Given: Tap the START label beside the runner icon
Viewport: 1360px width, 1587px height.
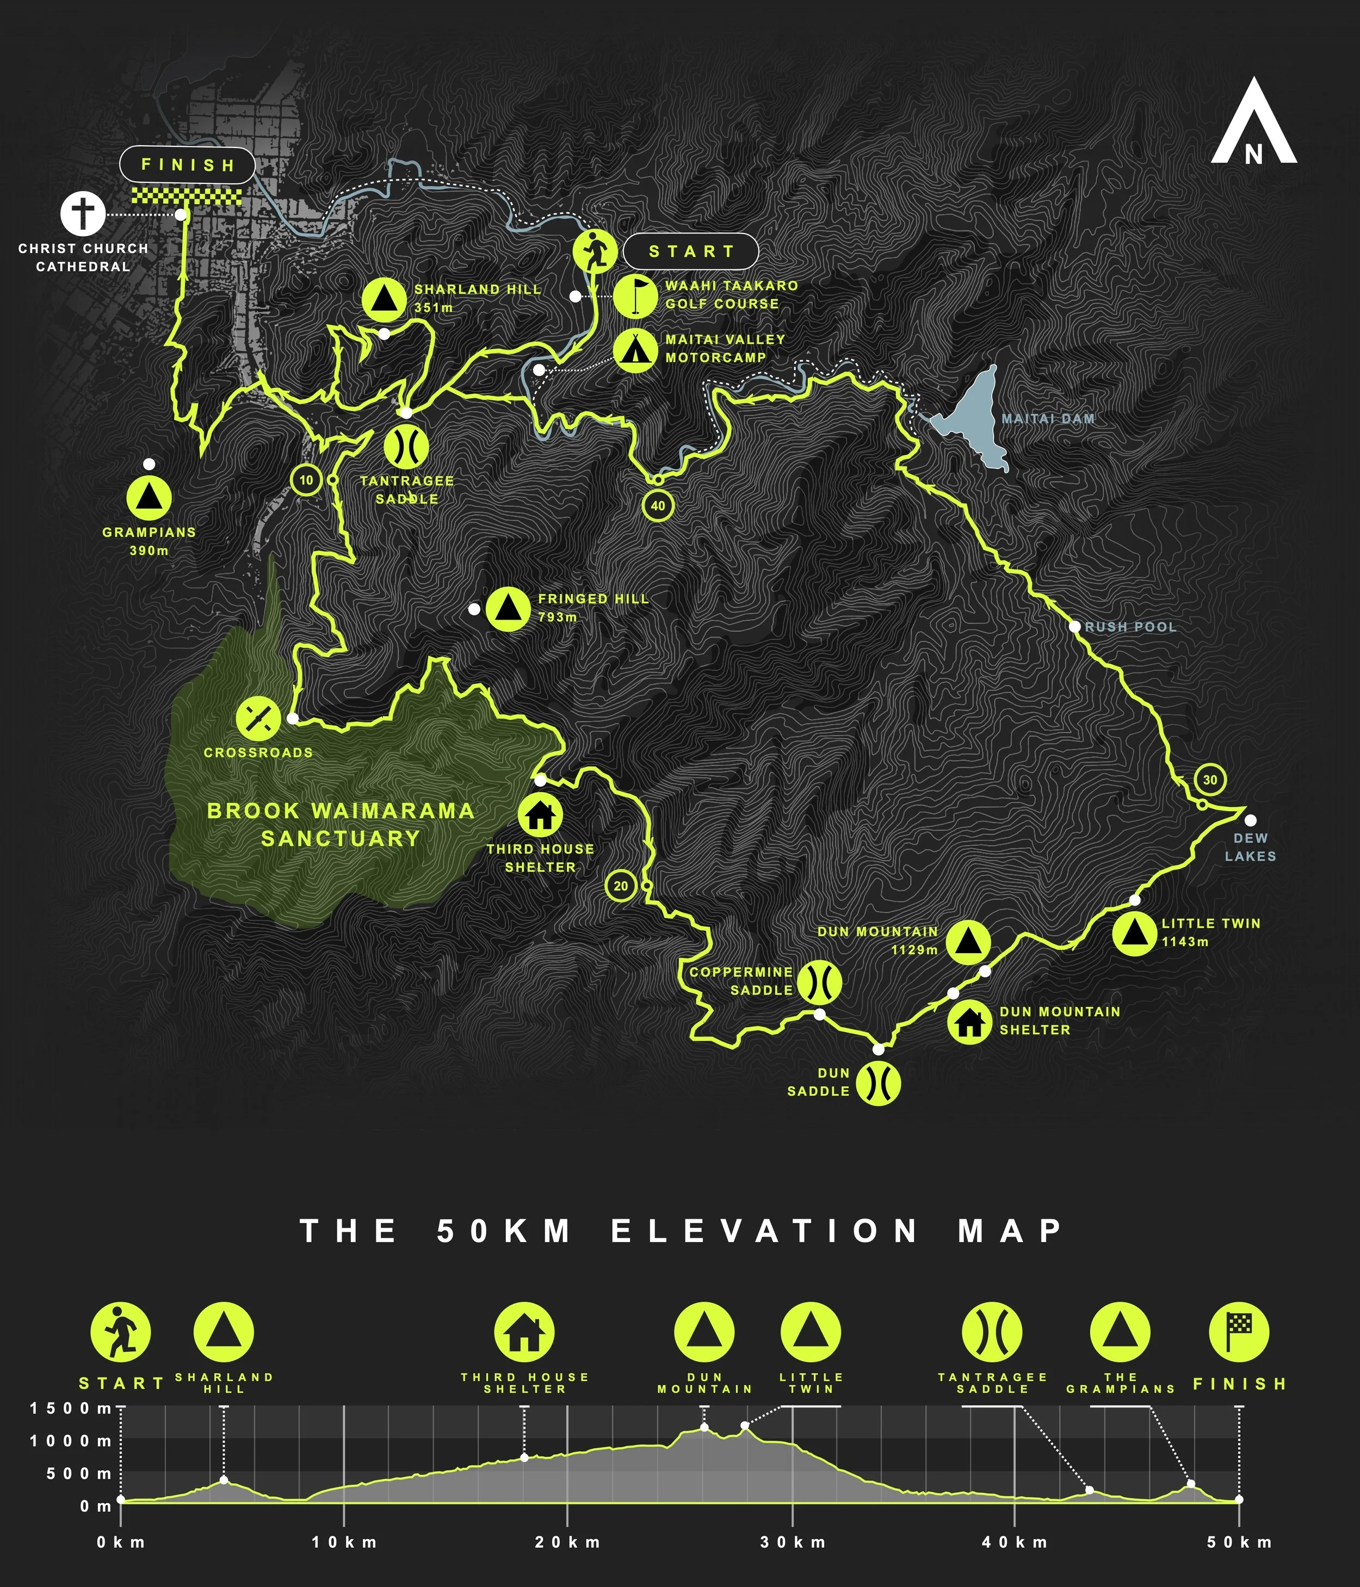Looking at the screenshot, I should [691, 251].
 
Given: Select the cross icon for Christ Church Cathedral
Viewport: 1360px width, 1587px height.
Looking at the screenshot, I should [83, 214].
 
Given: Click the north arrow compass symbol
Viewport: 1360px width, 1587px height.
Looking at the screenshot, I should [1253, 122].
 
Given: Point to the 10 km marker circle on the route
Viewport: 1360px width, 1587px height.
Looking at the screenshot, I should [306, 480].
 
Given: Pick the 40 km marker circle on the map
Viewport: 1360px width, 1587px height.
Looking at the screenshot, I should [658, 505].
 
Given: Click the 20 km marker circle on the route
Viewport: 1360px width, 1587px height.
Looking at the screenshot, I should [620, 886].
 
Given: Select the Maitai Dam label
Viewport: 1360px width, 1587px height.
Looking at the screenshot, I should [1048, 419].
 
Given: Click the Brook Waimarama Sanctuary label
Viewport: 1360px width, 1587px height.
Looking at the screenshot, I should [341, 824].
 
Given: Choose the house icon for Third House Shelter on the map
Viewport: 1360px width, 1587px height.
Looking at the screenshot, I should [540, 815].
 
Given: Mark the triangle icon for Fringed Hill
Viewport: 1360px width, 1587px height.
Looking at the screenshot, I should [508, 609].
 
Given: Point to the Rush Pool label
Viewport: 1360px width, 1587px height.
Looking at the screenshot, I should [1130, 627].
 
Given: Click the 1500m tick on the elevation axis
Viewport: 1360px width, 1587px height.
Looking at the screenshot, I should [71, 1408].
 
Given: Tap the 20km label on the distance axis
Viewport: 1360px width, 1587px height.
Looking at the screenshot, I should [567, 1542].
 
